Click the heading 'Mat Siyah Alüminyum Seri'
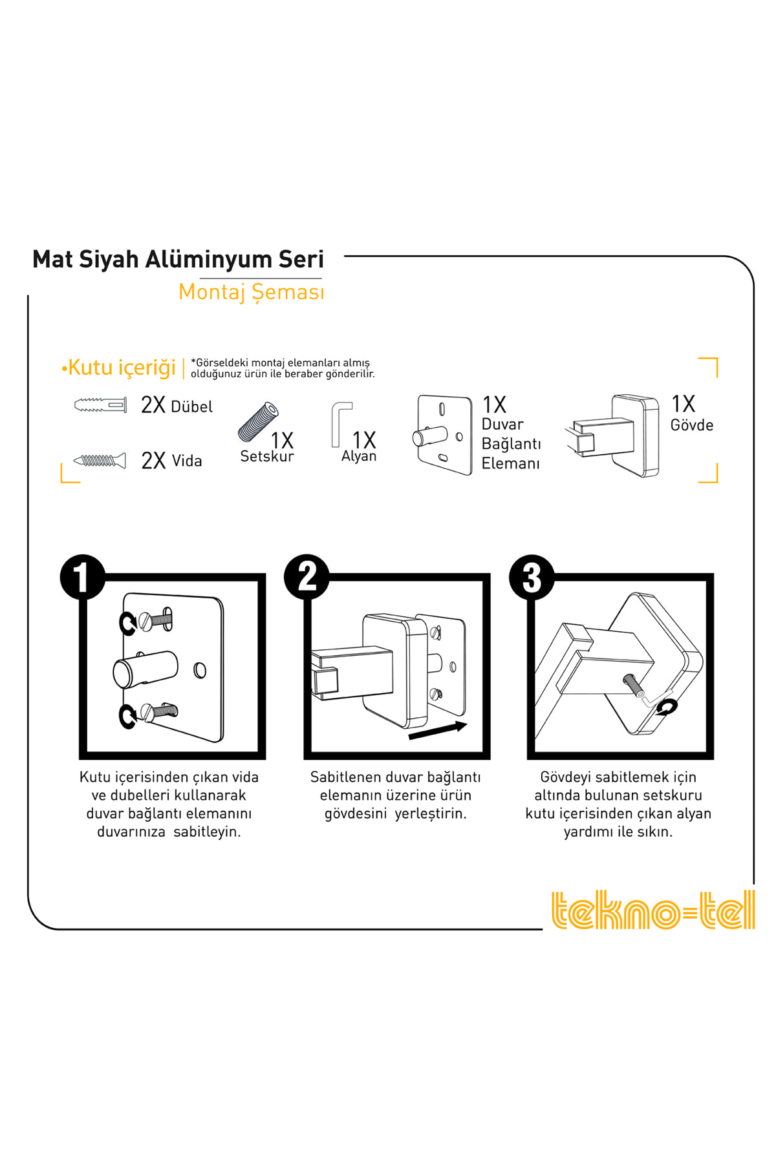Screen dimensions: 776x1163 (x=178, y=259)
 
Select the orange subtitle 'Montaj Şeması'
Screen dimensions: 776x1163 (x=251, y=292)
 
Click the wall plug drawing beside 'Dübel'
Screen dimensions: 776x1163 (x=100, y=406)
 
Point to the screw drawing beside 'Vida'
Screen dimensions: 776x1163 (x=100, y=461)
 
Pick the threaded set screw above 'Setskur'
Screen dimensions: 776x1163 (x=258, y=422)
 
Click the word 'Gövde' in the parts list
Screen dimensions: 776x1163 (x=692, y=425)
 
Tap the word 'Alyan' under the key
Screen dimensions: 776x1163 (x=359, y=456)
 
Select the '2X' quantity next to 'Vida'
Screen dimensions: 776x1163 (x=153, y=461)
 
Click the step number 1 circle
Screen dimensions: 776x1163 (x=82, y=576)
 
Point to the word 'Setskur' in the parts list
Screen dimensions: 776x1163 (x=267, y=456)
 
